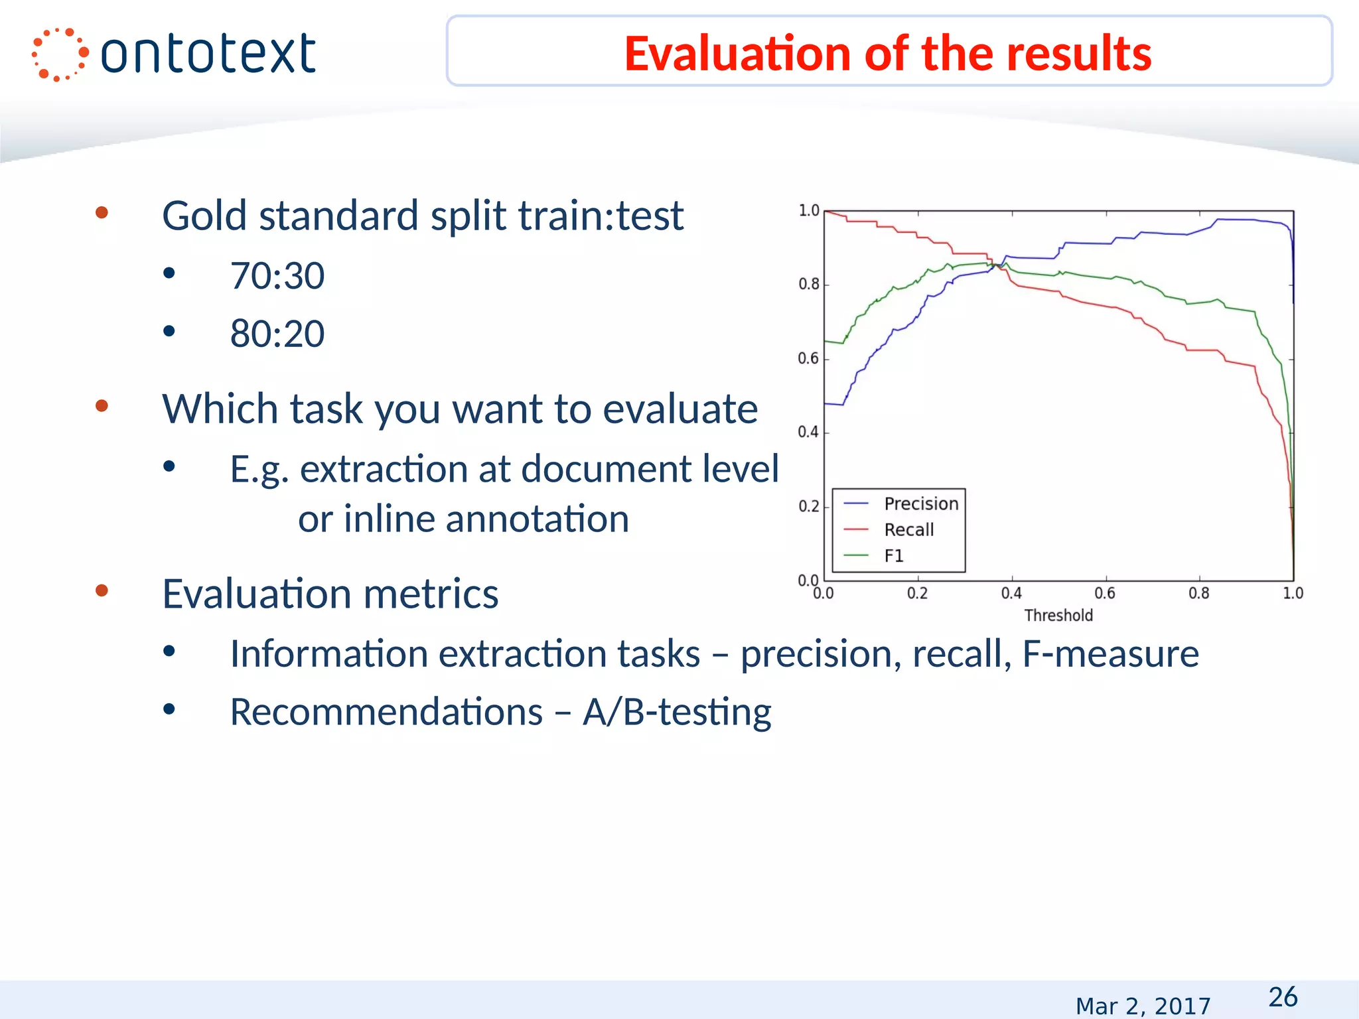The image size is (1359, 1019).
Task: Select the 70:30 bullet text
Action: click(x=277, y=276)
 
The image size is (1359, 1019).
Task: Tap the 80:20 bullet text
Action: click(x=277, y=334)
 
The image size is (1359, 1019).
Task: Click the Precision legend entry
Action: click(x=920, y=504)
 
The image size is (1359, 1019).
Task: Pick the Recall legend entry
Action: click(x=908, y=529)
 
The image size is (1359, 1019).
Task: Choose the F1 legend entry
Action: click(x=894, y=555)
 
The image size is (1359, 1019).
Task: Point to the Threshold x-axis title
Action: click(x=1058, y=615)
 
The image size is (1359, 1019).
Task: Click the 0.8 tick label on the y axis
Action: click(x=808, y=285)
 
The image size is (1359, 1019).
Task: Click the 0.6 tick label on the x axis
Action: click(x=1105, y=593)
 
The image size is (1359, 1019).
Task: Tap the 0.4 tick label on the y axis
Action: click(x=808, y=433)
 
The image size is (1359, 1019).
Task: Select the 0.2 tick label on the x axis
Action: click(x=918, y=593)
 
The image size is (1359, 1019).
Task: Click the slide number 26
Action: click(x=1282, y=997)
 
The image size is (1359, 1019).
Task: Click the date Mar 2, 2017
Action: click(x=1143, y=1006)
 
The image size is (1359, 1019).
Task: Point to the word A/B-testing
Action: click(x=677, y=712)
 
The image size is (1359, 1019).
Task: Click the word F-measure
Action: click(x=1110, y=653)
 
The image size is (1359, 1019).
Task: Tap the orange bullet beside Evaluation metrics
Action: click(x=102, y=590)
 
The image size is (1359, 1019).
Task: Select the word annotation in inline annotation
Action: click(x=537, y=519)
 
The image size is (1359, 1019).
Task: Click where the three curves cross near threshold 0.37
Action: click(x=995, y=265)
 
